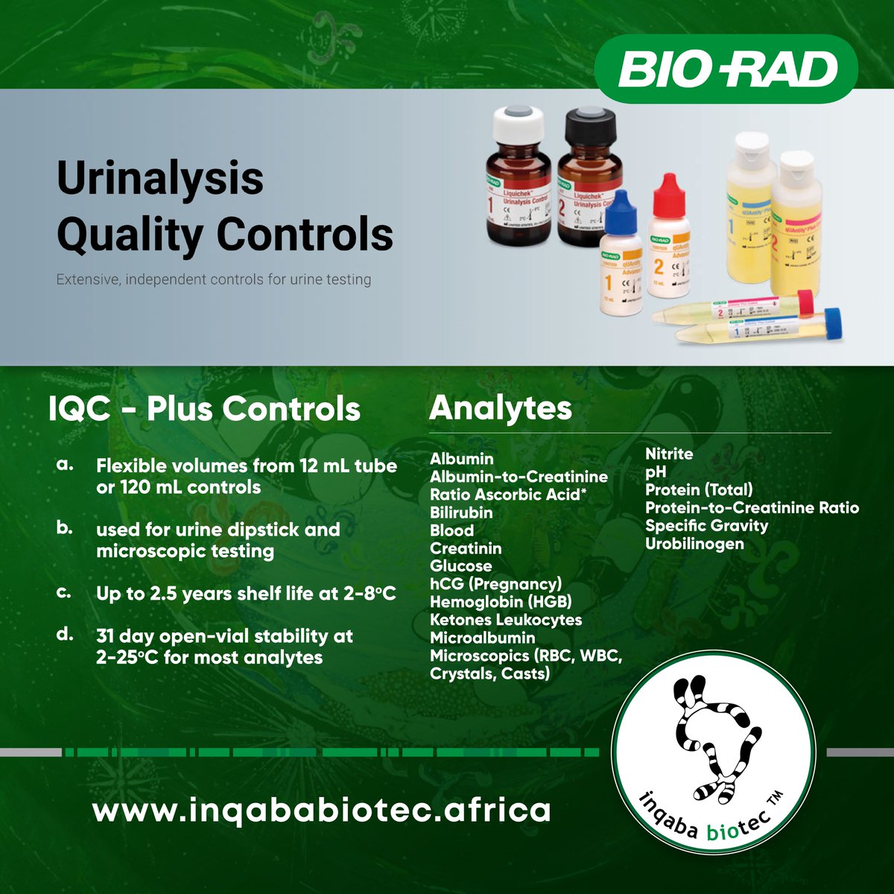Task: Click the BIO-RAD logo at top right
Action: (x=726, y=69)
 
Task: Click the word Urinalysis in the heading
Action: (x=160, y=178)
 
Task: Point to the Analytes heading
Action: (x=501, y=408)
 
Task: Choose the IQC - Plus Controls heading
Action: (x=204, y=409)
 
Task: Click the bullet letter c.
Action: (x=64, y=593)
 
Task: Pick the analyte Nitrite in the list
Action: (x=668, y=454)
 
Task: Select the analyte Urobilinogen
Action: (x=694, y=544)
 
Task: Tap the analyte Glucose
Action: (x=460, y=566)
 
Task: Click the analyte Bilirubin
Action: (x=461, y=513)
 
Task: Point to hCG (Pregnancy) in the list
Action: (x=495, y=584)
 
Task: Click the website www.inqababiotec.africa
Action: (x=321, y=810)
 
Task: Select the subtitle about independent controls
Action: (x=214, y=280)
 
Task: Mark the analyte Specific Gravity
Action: (x=706, y=526)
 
